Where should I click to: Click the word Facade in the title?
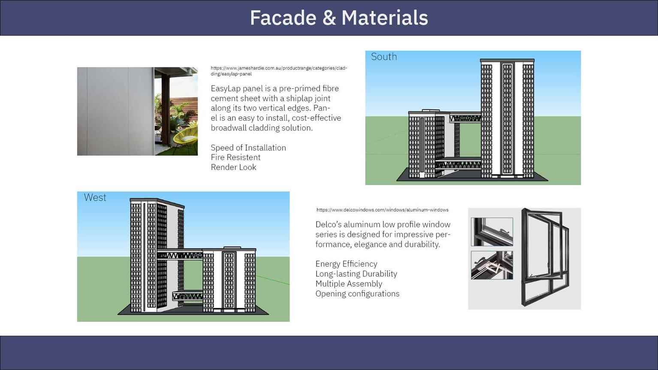click(283, 18)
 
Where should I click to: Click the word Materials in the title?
click(385, 18)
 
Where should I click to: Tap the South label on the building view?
click(383, 57)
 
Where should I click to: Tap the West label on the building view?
click(95, 197)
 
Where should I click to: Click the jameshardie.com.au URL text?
click(279, 71)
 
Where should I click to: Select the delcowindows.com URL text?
click(383, 210)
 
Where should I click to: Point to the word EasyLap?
click(225, 89)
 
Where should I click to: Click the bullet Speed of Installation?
click(248, 148)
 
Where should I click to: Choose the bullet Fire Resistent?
click(235, 157)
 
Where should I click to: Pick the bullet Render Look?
click(233, 167)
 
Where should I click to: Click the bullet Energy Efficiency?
click(346, 264)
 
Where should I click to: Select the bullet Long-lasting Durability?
click(356, 274)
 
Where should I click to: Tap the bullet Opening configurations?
click(357, 294)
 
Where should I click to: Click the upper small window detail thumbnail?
click(492, 232)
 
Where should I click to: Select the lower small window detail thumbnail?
click(492, 265)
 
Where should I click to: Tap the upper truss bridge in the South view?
click(465, 118)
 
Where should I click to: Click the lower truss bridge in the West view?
click(187, 295)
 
